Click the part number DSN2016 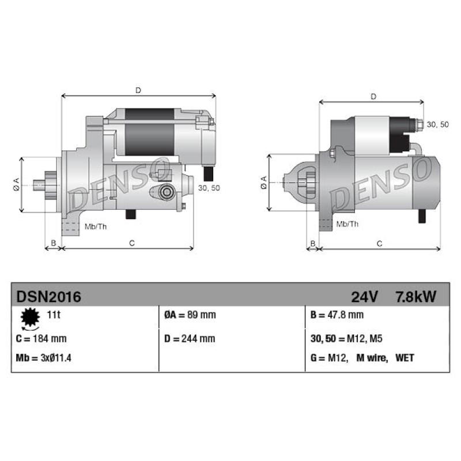point(48,297)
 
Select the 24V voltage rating point(364,297)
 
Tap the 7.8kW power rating point(415,297)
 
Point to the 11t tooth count point(54,315)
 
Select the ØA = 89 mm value point(190,315)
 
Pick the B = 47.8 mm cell point(337,315)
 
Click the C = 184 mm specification point(41,339)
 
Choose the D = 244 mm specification point(190,339)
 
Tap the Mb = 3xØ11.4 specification point(44,358)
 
